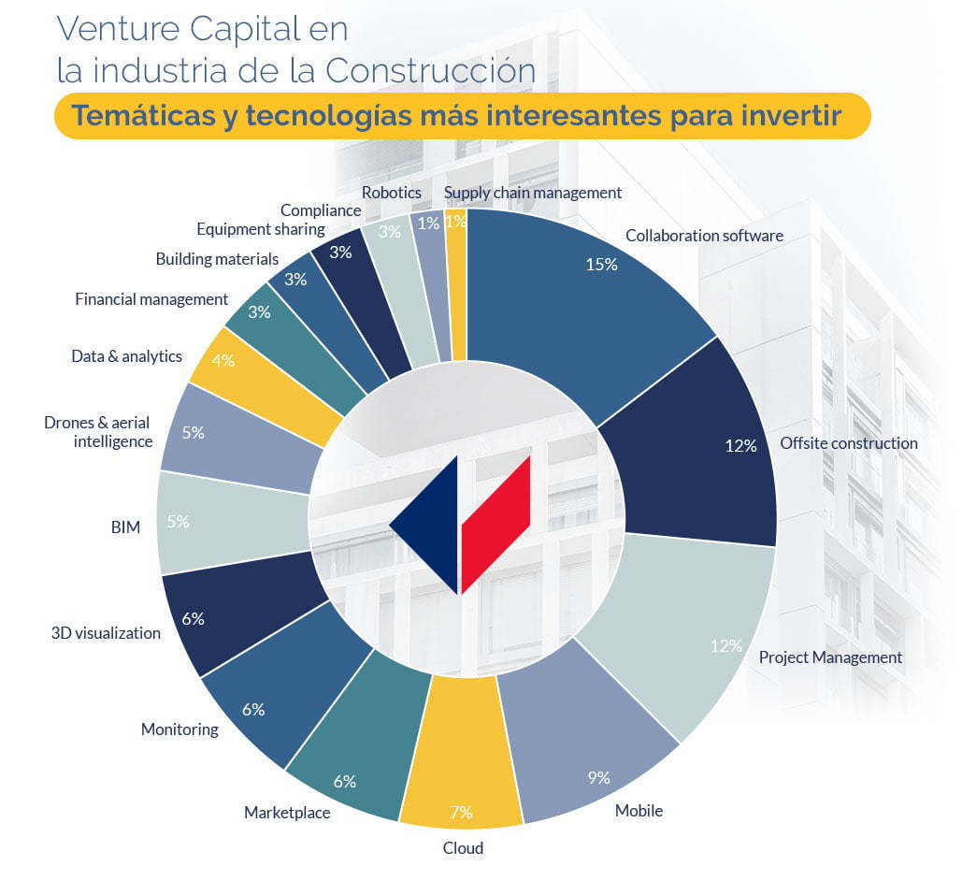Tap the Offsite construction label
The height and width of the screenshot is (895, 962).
tap(849, 443)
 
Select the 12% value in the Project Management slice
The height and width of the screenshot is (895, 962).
tap(725, 645)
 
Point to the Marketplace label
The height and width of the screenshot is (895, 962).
tap(287, 813)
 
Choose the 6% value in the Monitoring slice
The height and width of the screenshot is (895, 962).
tap(252, 709)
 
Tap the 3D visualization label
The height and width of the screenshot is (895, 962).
tap(106, 633)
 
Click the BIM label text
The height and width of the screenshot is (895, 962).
tap(125, 527)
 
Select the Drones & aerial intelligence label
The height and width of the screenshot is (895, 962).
tap(98, 432)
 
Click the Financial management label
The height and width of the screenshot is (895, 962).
tap(151, 299)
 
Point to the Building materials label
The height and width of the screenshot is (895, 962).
tap(217, 259)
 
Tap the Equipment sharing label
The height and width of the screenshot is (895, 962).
tap(261, 229)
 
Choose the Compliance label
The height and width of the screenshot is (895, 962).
tap(321, 210)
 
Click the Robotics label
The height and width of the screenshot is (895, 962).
tap(392, 193)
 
